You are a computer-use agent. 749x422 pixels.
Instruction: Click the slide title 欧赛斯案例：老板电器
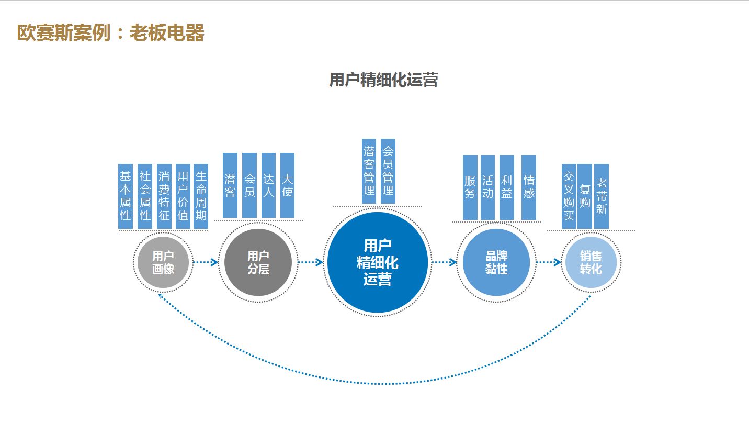tap(110, 33)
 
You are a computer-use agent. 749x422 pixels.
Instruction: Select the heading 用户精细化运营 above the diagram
tap(383, 80)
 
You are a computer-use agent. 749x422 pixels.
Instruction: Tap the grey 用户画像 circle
tap(163, 262)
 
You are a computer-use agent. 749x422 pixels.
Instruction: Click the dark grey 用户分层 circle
tap(258, 262)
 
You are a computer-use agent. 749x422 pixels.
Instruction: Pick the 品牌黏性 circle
tap(496, 262)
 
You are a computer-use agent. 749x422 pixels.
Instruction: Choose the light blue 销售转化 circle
tap(591, 262)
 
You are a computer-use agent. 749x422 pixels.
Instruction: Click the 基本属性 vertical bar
tap(126, 196)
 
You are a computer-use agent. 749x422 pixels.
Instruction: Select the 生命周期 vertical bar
tap(201, 196)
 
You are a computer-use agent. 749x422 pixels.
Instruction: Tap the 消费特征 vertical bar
tap(164, 196)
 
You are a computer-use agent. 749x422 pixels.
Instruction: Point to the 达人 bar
tap(268, 185)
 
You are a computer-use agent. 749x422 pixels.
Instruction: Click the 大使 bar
tap(287, 185)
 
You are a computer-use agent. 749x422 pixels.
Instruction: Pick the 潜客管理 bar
tap(369, 171)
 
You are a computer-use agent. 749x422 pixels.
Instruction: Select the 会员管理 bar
tap(388, 171)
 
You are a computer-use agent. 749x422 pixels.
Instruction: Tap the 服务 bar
tap(470, 187)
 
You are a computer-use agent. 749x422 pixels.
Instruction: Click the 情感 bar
tap(529, 187)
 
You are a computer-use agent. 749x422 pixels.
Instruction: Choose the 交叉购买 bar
tap(569, 196)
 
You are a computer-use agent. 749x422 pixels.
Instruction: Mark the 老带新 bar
tap(602, 196)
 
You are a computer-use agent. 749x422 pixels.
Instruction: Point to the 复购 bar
tap(585, 196)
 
